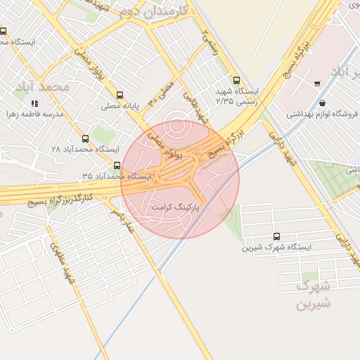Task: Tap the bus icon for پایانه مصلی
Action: [x=120, y=95]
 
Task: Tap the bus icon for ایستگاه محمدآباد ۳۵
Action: [x=117, y=167]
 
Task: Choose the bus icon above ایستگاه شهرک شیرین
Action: [x=276, y=237]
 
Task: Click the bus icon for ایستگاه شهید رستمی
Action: [x=236, y=80]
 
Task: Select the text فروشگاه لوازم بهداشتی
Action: [x=317, y=113]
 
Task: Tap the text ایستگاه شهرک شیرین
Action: [x=276, y=247]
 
